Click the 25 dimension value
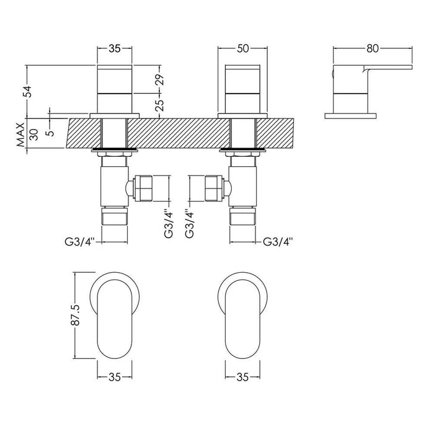(x=161, y=101)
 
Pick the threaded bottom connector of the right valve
(x=242, y=218)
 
